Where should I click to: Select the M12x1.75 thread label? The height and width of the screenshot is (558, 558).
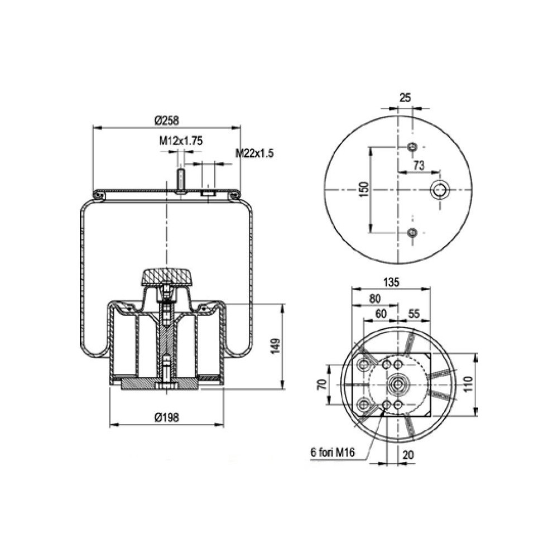[x=180, y=141]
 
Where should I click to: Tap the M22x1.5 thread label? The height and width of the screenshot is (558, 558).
[x=254, y=152]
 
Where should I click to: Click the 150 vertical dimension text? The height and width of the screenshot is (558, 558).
[x=364, y=190]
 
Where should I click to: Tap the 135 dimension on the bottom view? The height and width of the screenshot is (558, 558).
[x=392, y=282]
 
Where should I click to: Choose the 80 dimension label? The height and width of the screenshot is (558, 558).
[x=375, y=298]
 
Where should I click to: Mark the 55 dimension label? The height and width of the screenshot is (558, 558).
[x=413, y=313]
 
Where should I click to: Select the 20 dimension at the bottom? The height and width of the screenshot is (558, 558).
[x=408, y=455]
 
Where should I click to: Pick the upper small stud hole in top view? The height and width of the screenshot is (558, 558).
[x=412, y=147]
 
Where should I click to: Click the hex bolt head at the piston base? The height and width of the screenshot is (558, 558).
[x=166, y=386]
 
